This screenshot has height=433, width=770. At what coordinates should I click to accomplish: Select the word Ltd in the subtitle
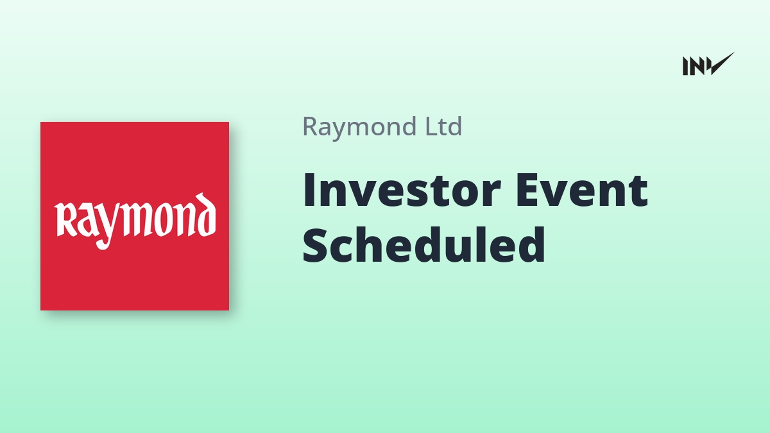coord(444,126)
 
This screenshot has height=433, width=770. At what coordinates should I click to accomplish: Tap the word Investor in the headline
coord(402,191)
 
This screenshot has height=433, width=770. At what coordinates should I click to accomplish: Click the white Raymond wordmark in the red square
coord(135,221)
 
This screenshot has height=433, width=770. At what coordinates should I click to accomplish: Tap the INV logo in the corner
coord(708,64)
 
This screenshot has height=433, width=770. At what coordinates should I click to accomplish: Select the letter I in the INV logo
coord(685,66)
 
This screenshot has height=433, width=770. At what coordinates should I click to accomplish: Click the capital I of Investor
coord(308,191)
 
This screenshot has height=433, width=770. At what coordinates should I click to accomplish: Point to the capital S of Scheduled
coord(314,246)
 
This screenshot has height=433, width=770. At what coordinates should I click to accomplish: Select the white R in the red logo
coord(65,219)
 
